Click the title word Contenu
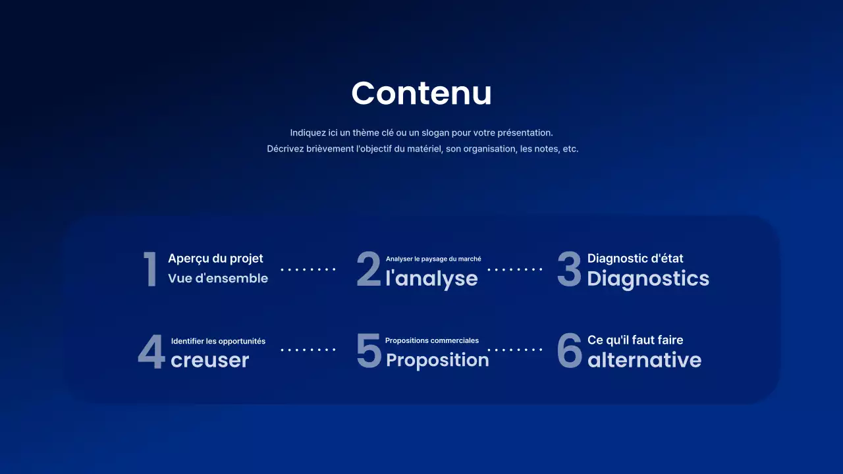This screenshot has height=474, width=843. [x=421, y=93]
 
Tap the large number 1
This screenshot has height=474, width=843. [x=150, y=269]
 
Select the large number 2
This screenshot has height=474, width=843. [x=368, y=269]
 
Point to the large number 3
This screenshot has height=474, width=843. [x=569, y=269]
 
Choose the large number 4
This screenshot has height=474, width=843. [x=151, y=351]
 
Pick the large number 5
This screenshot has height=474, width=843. [x=368, y=350]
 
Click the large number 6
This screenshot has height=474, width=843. [x=570, y=350]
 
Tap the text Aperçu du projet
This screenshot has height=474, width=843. [x=215, y=259]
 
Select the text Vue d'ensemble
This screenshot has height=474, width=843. [x=218, y=278]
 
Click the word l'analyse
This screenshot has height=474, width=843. [x=431, y=278]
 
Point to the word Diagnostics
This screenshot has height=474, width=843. [x=648, y=278]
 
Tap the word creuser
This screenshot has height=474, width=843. [x=209, y=360]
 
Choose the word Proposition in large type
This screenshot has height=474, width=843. [x=437, y=360]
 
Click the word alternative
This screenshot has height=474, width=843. [x=644, y=360]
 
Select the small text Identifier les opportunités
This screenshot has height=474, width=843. [x=218, y=341]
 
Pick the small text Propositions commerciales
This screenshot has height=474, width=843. [x=432, y=341]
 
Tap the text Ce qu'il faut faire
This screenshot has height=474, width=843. [x=635, y=340]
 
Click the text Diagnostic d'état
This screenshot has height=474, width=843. [x=635, y=259]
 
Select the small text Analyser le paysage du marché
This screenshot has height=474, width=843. [x=433, y=259]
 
